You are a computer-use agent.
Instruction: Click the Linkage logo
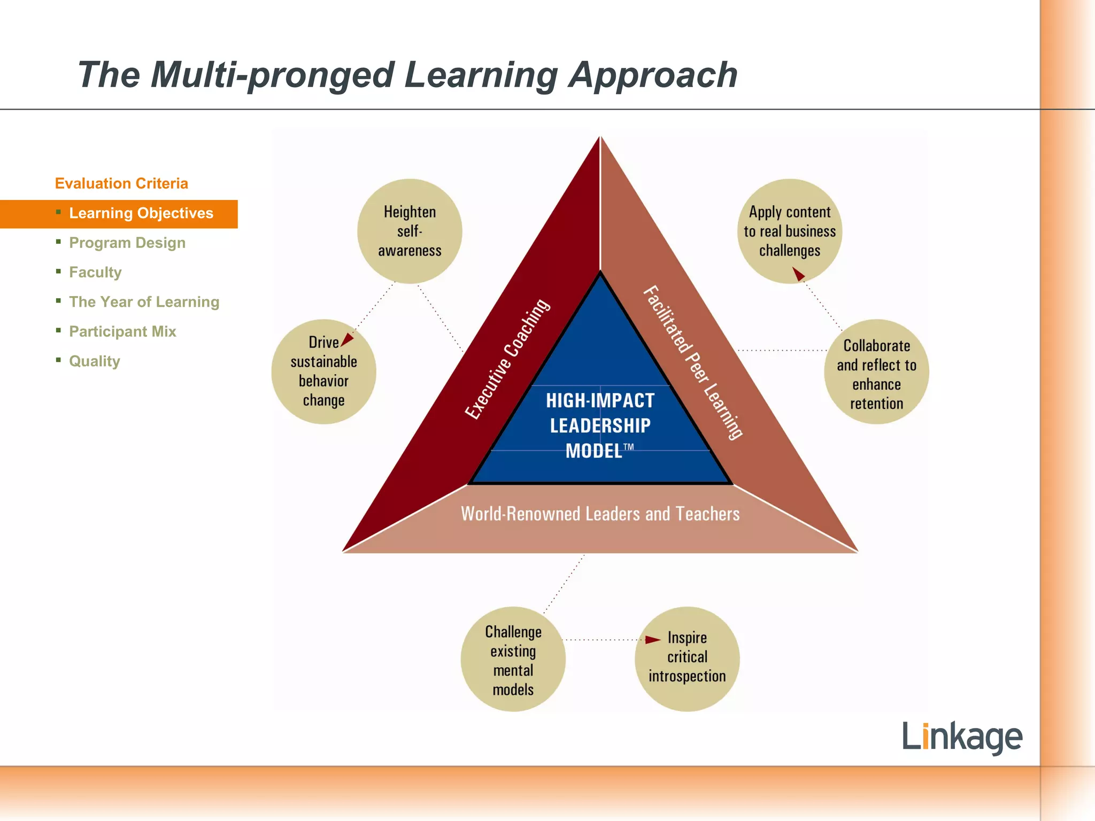(962, 737)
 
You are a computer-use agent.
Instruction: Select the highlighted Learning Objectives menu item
(141, 213)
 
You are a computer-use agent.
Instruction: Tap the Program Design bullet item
(127, 243)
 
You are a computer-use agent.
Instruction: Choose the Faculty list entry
(96, 273)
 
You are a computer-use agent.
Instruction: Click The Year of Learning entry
(144, 302)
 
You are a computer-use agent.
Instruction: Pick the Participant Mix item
(122, 331)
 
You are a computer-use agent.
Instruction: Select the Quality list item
(95, 361)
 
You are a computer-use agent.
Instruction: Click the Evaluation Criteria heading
(121, 183)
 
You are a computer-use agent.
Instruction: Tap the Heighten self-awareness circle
(410, 231)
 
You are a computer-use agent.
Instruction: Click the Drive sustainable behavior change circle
(323, 372)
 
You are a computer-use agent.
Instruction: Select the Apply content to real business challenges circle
(790, 231)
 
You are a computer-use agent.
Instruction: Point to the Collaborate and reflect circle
(876, 373)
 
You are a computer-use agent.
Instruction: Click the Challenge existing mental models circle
(513, 660)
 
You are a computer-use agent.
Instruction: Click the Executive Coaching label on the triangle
(507, 359)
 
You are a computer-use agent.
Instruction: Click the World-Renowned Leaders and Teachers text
(600, 514)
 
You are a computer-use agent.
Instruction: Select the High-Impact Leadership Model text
(600, 426)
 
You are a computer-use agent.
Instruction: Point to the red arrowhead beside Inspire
(652, 640)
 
